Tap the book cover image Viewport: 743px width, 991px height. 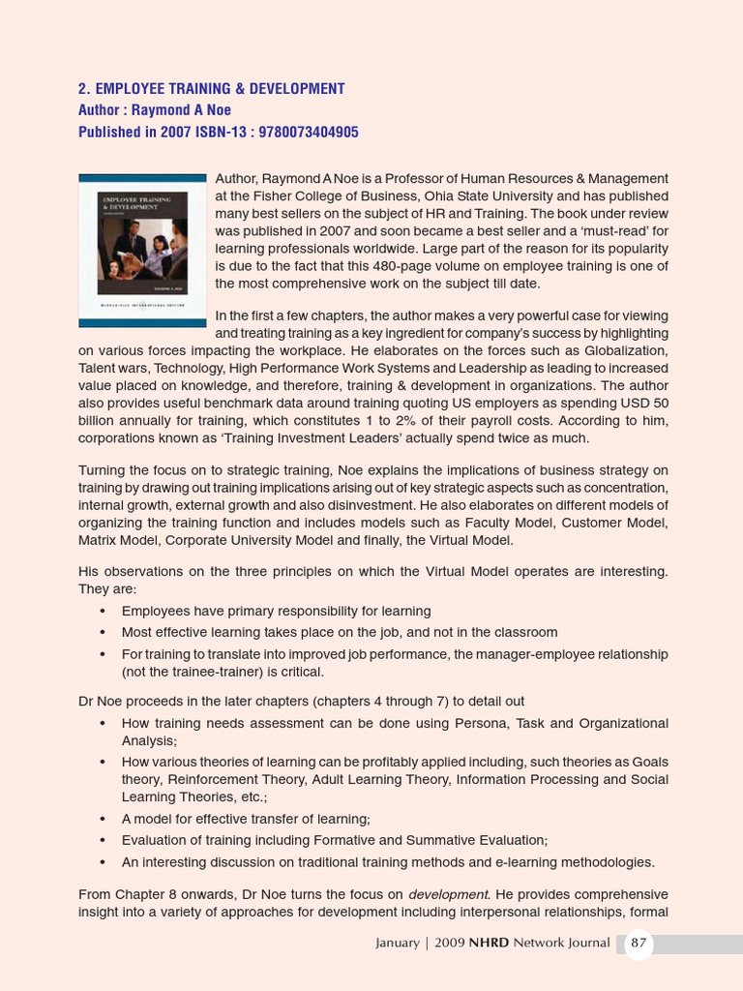pos(142,250)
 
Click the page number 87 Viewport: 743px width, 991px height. pos(639,943)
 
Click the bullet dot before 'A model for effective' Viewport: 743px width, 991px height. pos(103,819)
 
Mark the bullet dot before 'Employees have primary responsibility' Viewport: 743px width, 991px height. pos(103,612)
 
